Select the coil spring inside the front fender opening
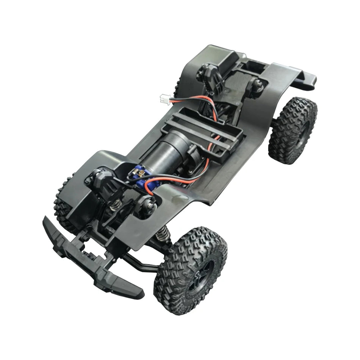pyautogui.click(x=116, y=206)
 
